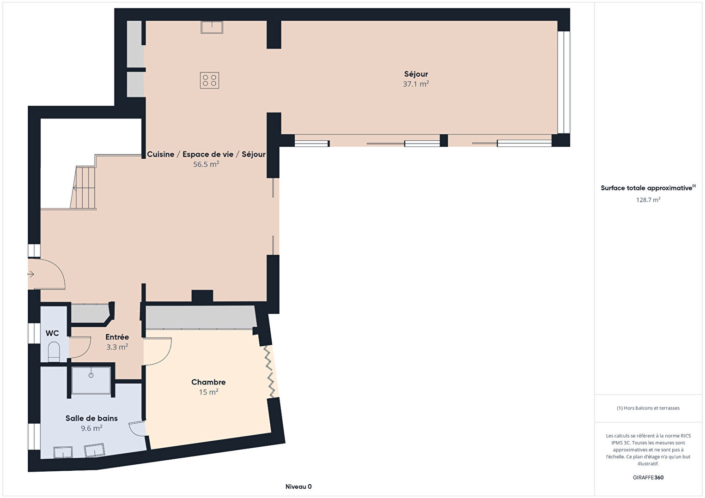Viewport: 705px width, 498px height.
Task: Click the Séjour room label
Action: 416,74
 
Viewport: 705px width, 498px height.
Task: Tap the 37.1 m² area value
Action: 416,84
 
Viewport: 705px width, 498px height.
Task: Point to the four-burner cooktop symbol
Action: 209,80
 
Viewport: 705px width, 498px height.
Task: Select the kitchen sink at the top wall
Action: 212,27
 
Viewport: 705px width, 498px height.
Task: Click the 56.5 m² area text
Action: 206,164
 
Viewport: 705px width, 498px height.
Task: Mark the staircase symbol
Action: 83,188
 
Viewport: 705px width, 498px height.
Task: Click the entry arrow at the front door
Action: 31,275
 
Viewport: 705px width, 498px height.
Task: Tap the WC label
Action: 52,333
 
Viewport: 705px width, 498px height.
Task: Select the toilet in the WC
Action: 54,352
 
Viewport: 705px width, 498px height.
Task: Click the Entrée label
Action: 117,337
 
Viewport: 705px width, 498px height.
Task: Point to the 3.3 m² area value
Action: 117,347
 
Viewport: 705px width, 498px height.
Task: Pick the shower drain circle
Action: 91,375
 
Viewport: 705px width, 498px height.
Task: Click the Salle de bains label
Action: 91,418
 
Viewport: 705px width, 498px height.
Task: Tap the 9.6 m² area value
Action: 91,428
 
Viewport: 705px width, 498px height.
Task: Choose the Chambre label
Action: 208,382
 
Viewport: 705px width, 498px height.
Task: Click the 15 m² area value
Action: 208,392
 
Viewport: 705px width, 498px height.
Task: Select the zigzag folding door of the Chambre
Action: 269,372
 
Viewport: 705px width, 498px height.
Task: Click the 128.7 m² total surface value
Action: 648,200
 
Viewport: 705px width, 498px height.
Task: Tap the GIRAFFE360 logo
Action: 648,477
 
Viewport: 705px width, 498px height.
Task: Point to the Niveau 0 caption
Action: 298,486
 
